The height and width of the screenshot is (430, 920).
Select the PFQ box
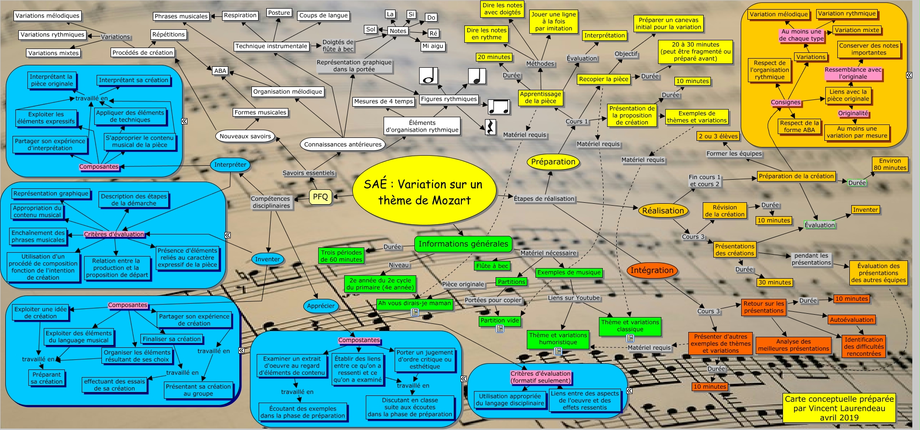[x=320, y=197]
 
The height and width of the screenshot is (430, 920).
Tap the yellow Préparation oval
[x=553, y=162]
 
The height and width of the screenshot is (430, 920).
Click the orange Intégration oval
[x=652, y=270]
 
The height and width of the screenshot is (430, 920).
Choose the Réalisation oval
[x=663, y=210]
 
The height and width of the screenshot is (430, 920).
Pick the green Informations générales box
[x=463, y=244]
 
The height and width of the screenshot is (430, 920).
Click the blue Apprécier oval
[x=321, y=306]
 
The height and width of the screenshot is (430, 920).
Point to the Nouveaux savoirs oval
[x=245, y=136]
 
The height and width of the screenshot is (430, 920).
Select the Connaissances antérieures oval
[x=343, y=144]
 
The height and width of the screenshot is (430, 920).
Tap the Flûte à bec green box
[x=492, y=266]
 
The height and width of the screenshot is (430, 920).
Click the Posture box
[x=279, y=13]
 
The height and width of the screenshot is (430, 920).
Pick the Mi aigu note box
[x=433, y=46]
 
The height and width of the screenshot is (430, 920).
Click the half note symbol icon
[x=428, y=76]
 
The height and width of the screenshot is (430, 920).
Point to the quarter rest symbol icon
[x=490, y=127]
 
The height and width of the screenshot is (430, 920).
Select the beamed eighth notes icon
[x=498, y=106]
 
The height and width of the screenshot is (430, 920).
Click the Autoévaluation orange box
[x=851, y=319]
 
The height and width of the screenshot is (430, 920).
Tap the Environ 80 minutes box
[x=890, y=164]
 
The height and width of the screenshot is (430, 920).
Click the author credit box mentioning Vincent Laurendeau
[x=839, y=408]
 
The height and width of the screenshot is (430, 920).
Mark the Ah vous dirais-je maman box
[x=414, y=304]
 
